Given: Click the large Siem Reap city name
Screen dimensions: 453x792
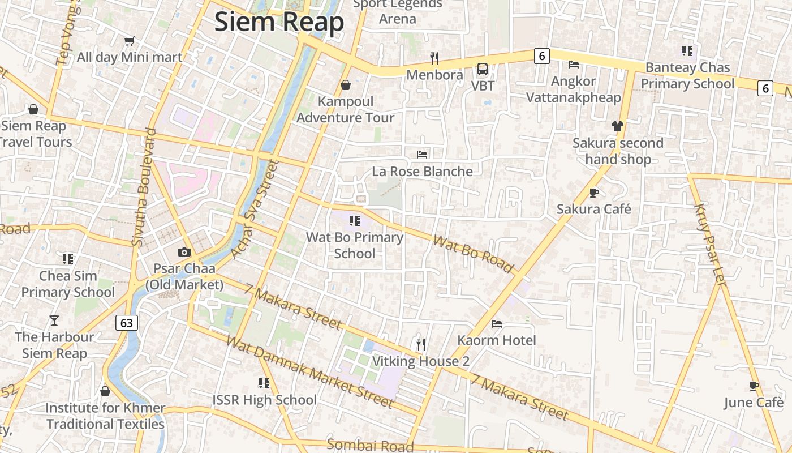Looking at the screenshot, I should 279,23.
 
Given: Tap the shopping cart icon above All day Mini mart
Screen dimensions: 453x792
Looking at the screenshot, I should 130,41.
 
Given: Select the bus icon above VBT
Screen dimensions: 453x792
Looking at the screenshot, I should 483,69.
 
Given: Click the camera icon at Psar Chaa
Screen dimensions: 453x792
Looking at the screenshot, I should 184,253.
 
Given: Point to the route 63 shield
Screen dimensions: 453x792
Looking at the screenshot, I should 127,323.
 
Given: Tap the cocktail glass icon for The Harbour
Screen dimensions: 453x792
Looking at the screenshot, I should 54,320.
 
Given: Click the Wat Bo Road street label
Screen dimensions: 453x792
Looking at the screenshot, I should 474,254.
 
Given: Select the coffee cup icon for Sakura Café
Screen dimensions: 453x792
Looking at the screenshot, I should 594,193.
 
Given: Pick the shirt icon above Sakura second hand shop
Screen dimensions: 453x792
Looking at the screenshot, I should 617,126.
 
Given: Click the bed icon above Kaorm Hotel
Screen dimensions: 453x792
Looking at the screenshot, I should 497,324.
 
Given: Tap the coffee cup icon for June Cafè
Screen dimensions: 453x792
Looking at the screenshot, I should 754,386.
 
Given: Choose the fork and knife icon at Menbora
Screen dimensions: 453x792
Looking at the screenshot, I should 434,58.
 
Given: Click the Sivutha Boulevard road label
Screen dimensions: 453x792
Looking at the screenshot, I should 144,187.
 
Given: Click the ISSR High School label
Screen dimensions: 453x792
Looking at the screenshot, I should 264,400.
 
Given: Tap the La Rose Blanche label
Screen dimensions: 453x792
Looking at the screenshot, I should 422,171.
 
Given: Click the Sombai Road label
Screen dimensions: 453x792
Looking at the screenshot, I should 370,445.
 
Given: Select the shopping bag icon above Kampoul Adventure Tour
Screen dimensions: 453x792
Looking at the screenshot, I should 346,85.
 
